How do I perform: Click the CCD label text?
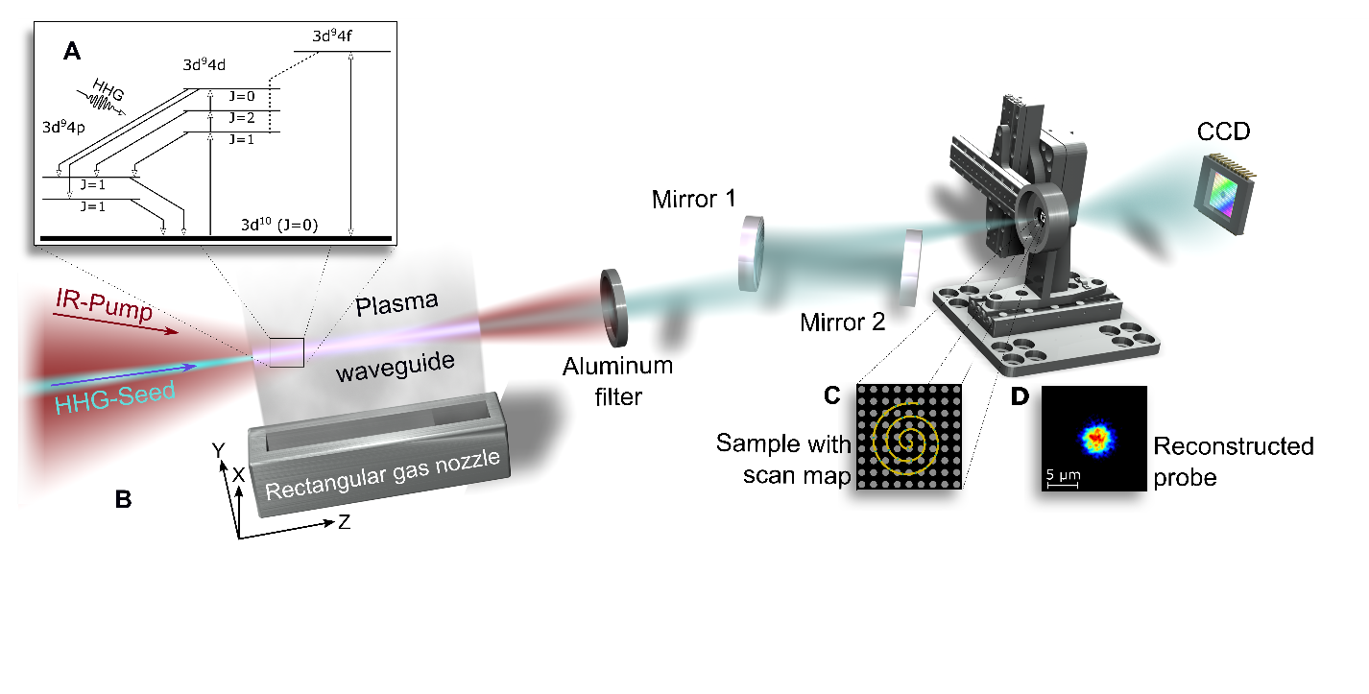coord(1225,132)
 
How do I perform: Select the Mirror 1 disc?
coord(751,252)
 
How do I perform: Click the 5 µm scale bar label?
coord(1061,473)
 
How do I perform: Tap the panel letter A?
coord(71,53)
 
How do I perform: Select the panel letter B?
coord(123,499)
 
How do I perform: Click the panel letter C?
coord(834,395)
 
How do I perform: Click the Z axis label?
coord(343,522)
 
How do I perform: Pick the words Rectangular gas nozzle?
coord(382,475)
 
